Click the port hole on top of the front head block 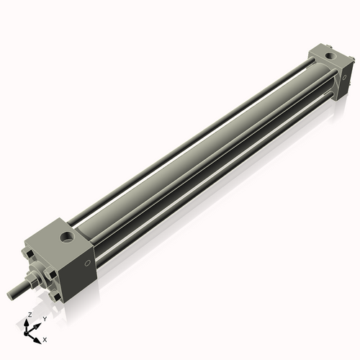[x=66, y=237]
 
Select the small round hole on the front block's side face [x=88, y=264]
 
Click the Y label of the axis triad [x=44, y=318]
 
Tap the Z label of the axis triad [x=30, y=315]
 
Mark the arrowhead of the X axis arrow [x=38, y=337]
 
